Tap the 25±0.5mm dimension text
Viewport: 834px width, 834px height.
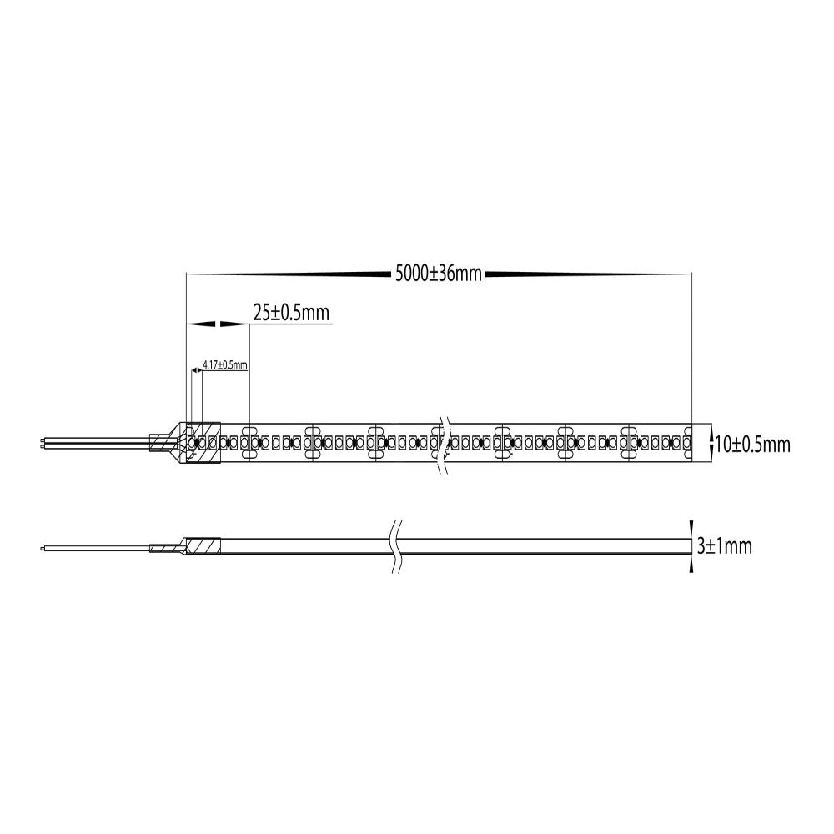292,313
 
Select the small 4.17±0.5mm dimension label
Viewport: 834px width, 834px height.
226,364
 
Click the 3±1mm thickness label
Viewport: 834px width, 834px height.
724,546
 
